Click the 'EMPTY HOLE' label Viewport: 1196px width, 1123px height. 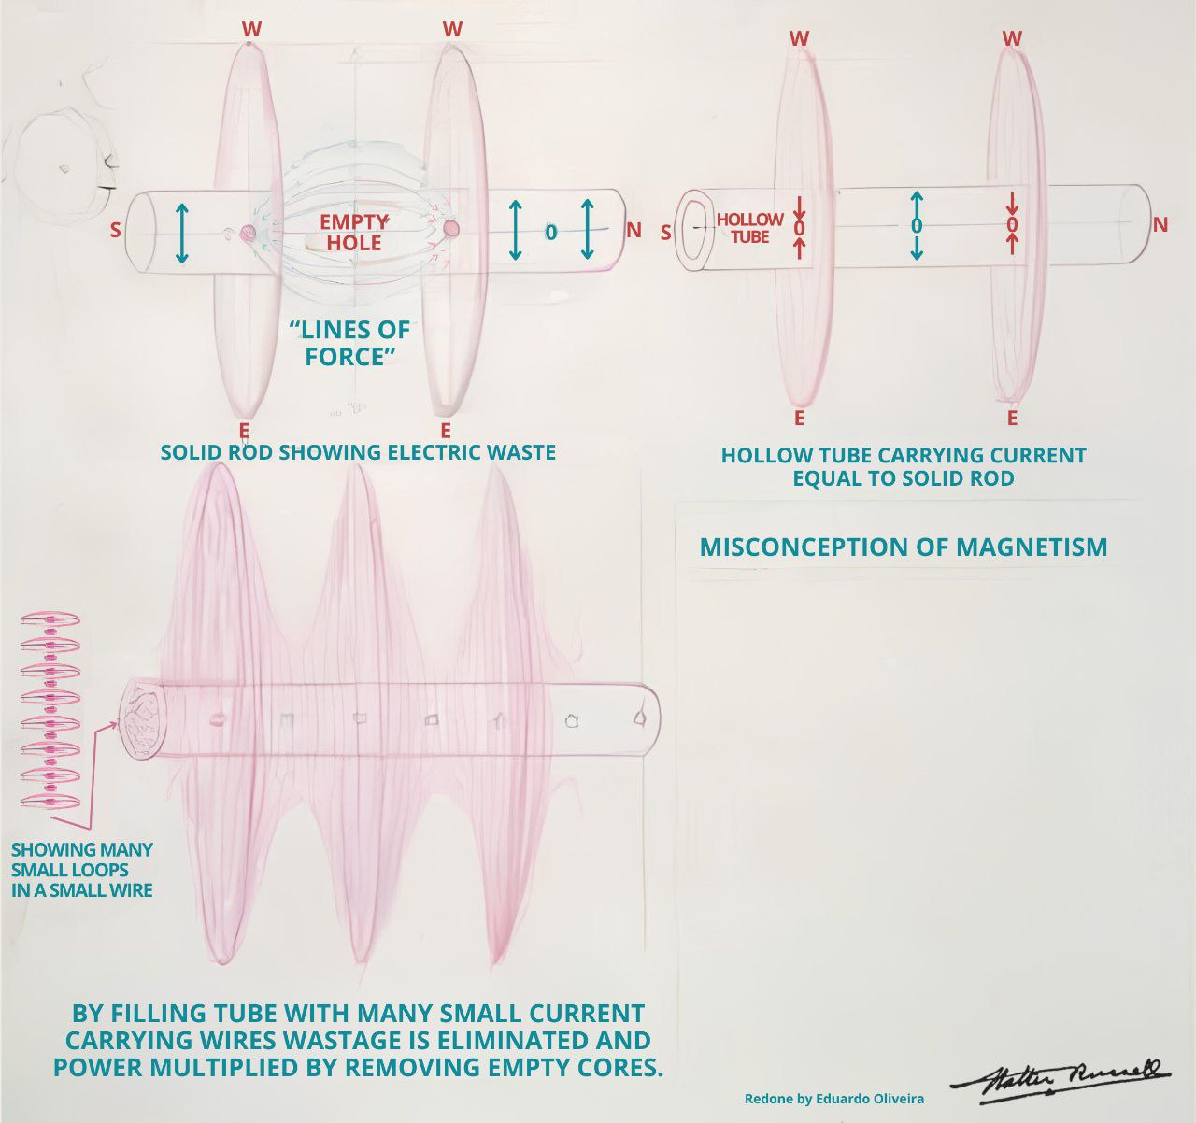(x=353, y=233)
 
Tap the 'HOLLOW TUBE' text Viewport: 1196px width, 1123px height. (x=749, y=228)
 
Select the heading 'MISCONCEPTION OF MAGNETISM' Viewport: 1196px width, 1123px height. (x=904, y=547)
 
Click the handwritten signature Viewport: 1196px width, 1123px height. (x=1060, y=1082)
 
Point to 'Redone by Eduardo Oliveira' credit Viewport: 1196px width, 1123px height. (x=834, y=1099)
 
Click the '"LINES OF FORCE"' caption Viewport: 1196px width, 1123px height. (x=349, y=343)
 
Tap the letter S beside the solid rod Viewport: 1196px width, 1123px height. (x=115, y=230)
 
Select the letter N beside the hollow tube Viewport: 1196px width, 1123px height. (x=1160, y=224)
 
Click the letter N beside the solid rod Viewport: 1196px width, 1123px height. (x=634, y=230)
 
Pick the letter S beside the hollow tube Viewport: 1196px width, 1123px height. (x=665, y=233)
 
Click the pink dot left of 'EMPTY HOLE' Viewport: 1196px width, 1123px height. (x=247, y=232)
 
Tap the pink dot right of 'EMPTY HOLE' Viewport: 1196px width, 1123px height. (x=451, y=228)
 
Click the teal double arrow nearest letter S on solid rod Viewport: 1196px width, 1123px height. (x=182, y=234)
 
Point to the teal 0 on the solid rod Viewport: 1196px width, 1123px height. (x=551, y=232)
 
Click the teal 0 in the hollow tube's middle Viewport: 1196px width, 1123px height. (x=916, y=226)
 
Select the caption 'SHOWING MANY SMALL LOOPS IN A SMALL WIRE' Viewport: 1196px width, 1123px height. (x=82, y=870)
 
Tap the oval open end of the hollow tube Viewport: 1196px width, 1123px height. (x=695, y=231)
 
